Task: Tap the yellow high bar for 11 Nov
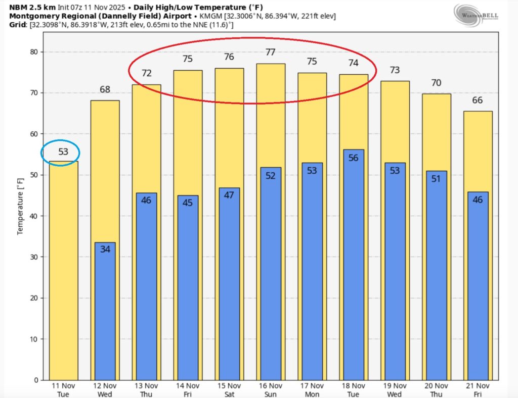coord(63,273)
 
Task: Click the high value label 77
coord(270,52)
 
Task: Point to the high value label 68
coord(105,89)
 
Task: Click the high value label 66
coord(478,100)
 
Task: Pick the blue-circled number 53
coord(63,152)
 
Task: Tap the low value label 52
coord(270,175)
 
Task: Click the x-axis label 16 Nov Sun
coord(270,389)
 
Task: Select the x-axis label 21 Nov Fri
coord(478,389)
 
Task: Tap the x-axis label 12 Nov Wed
coord(105,389)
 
